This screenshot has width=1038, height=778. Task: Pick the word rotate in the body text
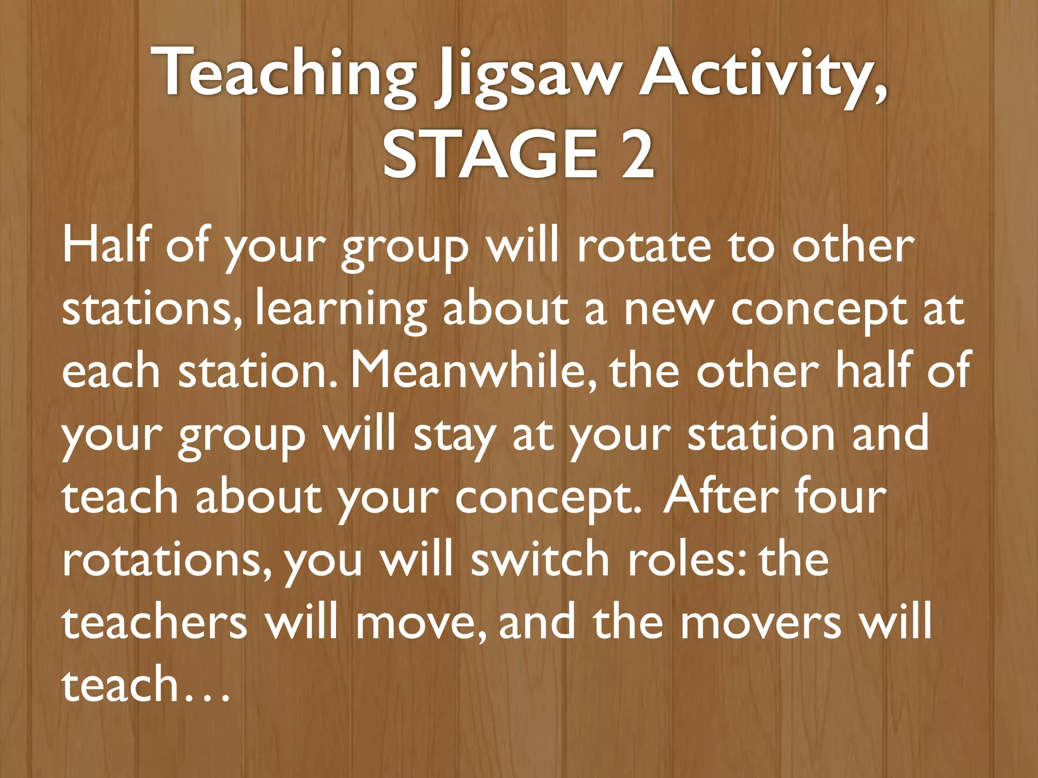644,246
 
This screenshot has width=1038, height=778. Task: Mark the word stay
454,436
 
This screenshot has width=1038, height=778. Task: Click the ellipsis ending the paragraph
208,686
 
